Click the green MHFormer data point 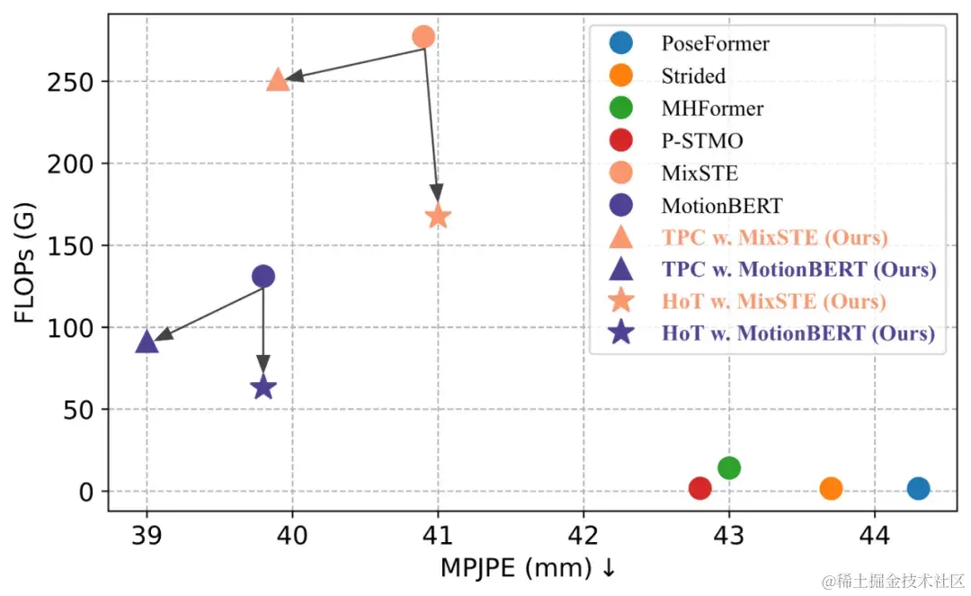[729, 467]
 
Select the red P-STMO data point [700, 488]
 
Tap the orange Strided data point [831, 488]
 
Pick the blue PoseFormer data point [918, 488]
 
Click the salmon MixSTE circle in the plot [423, 37]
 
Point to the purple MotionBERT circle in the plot [263, 276]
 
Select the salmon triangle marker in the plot [278, 80]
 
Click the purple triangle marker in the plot [147, 342]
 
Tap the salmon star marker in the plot [438, 217]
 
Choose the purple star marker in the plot [263, 387]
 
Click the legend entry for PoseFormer [715, 42]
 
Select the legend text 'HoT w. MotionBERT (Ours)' [798, 334]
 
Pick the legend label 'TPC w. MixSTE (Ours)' [774, 237]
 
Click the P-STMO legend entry [702, 140]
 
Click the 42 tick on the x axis [583, 535]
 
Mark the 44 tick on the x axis [875, 535]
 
